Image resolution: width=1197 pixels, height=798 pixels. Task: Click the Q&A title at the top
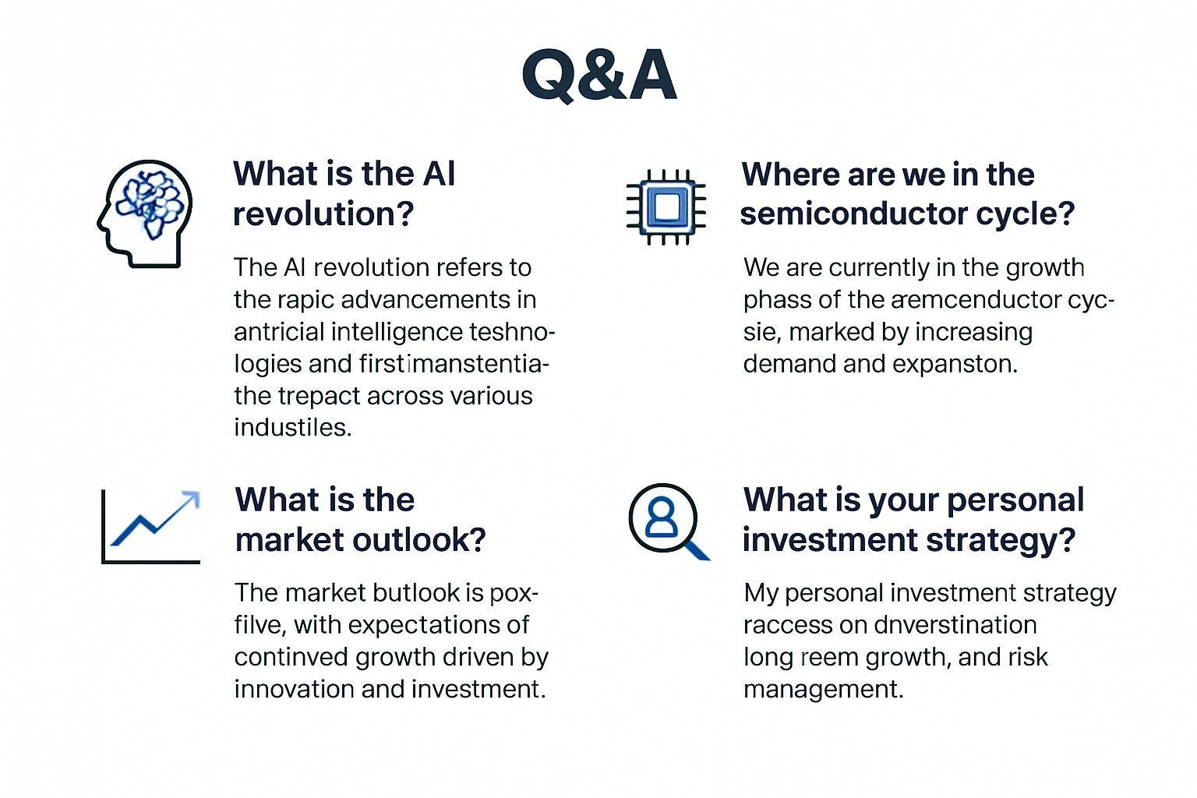[x=598, y=75]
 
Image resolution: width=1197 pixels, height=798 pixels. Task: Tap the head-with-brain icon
[x=145, y=214]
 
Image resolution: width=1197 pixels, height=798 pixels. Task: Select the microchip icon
[x=666, y=207]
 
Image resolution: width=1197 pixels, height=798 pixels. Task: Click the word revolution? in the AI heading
[x=323, y=214]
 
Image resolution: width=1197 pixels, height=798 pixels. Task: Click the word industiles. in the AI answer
[x=293, y=428]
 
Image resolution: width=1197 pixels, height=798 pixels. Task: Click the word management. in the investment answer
[x=823, y=689]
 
